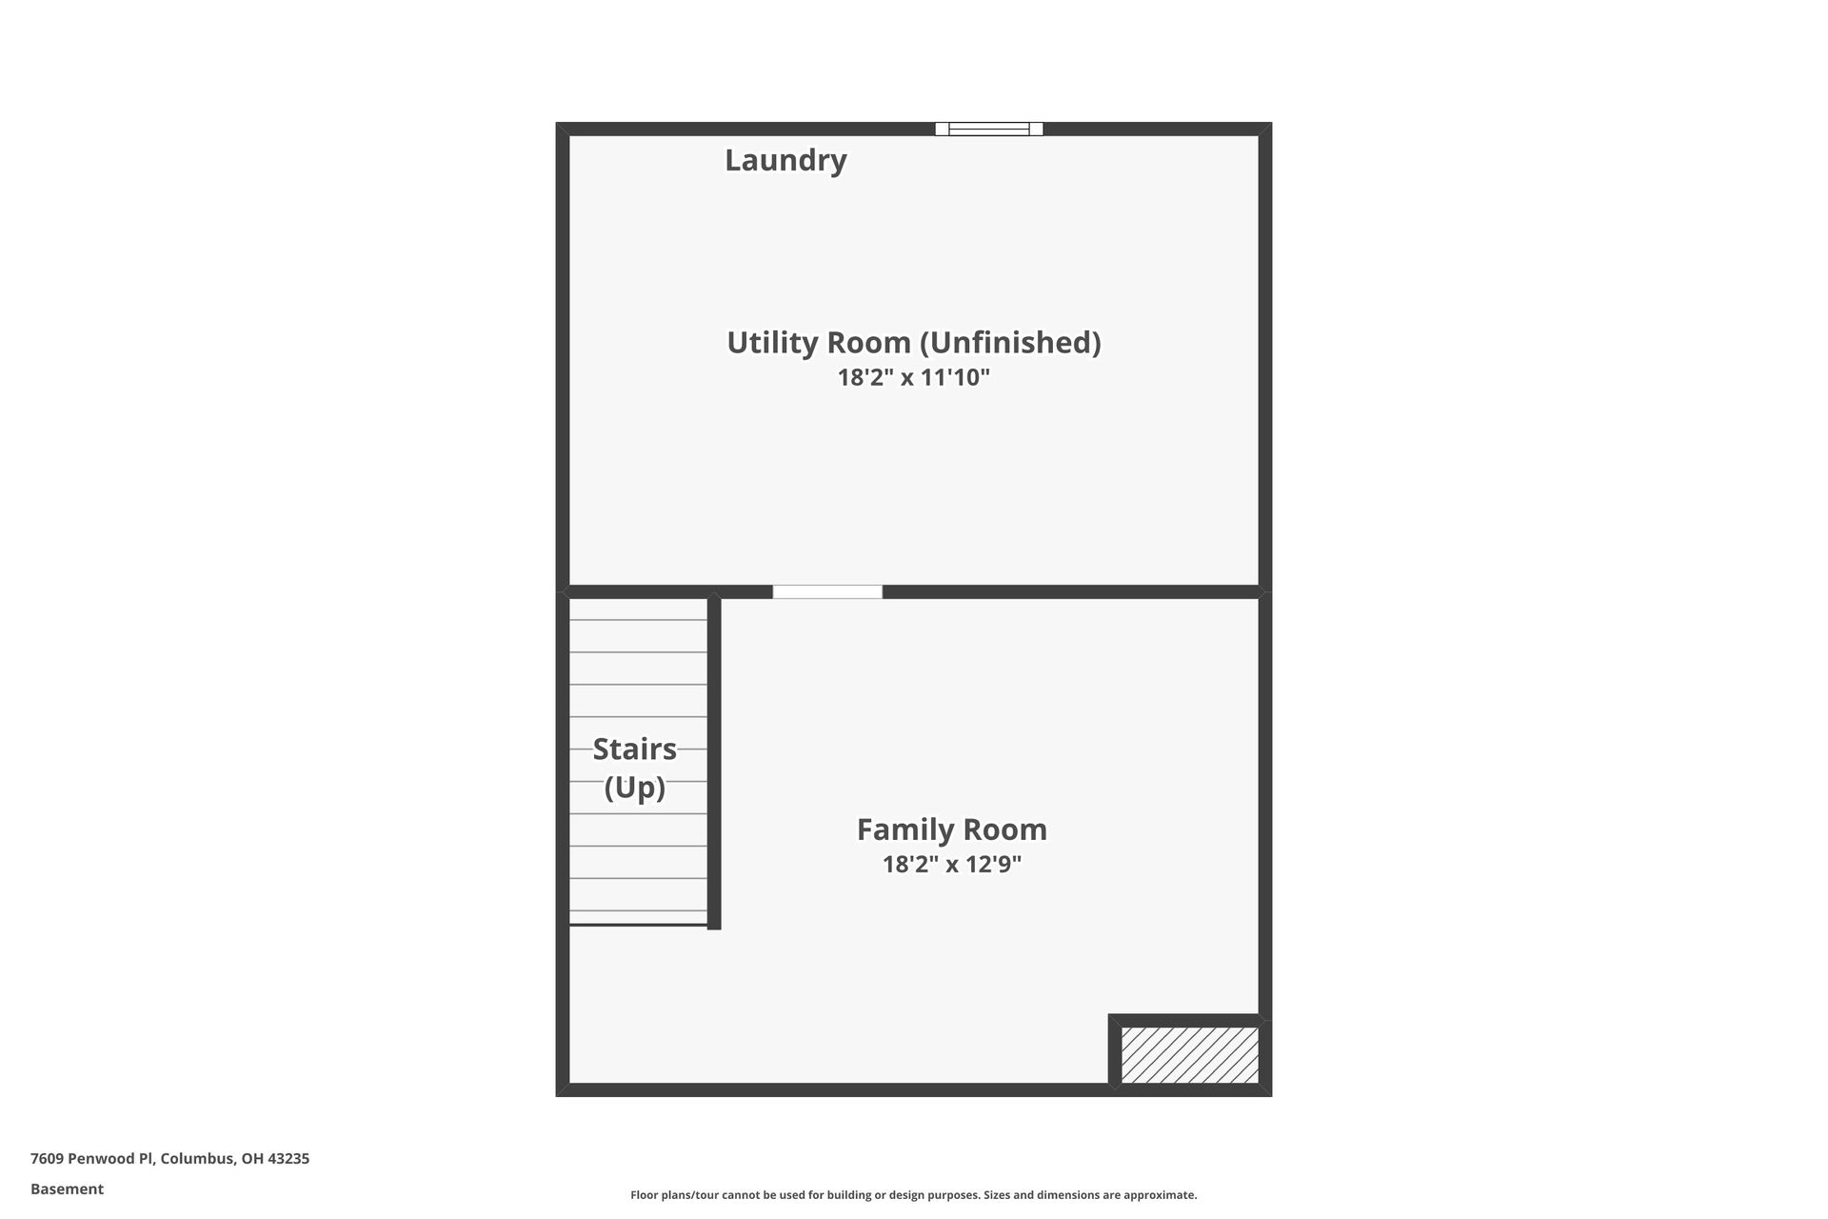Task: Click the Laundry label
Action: coord(785,160)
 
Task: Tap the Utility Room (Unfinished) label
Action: coord(913,342)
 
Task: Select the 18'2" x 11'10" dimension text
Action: coord(913,377)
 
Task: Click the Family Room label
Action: coord(951,829)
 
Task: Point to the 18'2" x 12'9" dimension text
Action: coord(951,865)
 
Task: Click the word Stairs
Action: coord(634,749)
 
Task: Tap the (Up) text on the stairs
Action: coord(634,788)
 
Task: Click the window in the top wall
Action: coord(988,130)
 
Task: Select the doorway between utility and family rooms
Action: coord(826,592)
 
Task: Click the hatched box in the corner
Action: coord(1189,1054)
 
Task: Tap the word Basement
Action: coord(67,1189)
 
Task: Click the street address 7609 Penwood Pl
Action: coord(91,1159)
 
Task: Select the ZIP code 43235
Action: coord(288,1159)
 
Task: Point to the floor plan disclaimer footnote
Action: coord(913,1195)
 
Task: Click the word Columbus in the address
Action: coord(197,1159)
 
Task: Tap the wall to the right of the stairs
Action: coord(714,762)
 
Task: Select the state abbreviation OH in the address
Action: coord(252,1159)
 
